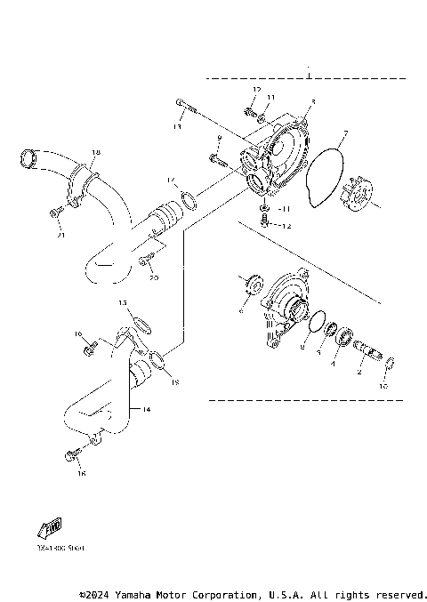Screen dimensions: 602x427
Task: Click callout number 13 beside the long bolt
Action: click(178, 127)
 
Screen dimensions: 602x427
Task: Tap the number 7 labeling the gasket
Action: click(346, 134)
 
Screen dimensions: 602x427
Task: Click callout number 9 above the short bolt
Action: click(218, 140)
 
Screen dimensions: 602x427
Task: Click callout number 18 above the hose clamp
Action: click(96, 153)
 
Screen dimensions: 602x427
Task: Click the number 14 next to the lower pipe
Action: click(147, 410)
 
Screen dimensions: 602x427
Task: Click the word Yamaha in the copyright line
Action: click(136, 594)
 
